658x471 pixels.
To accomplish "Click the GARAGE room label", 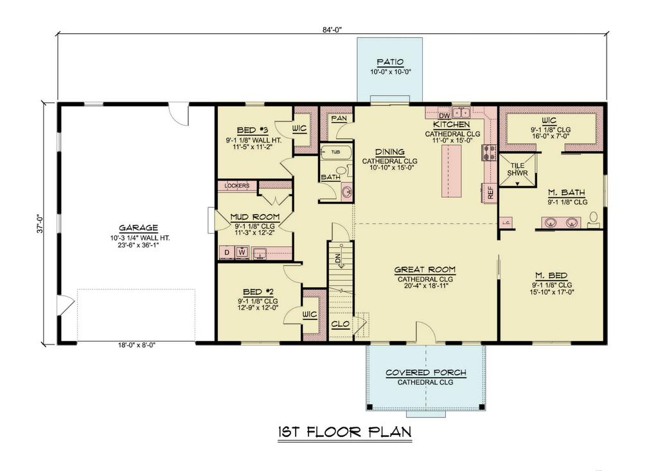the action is (139, 228).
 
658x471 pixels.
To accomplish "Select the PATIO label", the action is (390, 62).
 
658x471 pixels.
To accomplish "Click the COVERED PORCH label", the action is (425, 373).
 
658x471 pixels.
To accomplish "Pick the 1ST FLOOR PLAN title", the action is (344, 432).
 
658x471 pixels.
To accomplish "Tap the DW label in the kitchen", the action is (444, 116).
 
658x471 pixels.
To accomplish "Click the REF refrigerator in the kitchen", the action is (490, 193).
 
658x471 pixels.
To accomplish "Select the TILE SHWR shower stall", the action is (517, 170).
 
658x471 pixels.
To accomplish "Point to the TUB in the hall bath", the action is (335, 152).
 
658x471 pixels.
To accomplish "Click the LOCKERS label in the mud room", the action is (236, 186).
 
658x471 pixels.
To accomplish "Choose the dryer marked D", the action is (227, 253).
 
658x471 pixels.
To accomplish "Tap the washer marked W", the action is (242, 253).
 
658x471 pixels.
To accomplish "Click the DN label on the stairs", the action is (338, 258).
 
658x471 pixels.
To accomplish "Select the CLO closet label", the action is (341, 324).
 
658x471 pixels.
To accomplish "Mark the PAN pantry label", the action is (339, 118).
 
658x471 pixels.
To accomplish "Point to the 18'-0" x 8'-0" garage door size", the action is (137, 345).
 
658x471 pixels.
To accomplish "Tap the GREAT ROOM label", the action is (425, 270).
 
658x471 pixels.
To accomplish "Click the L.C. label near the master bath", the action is (506, 223).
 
